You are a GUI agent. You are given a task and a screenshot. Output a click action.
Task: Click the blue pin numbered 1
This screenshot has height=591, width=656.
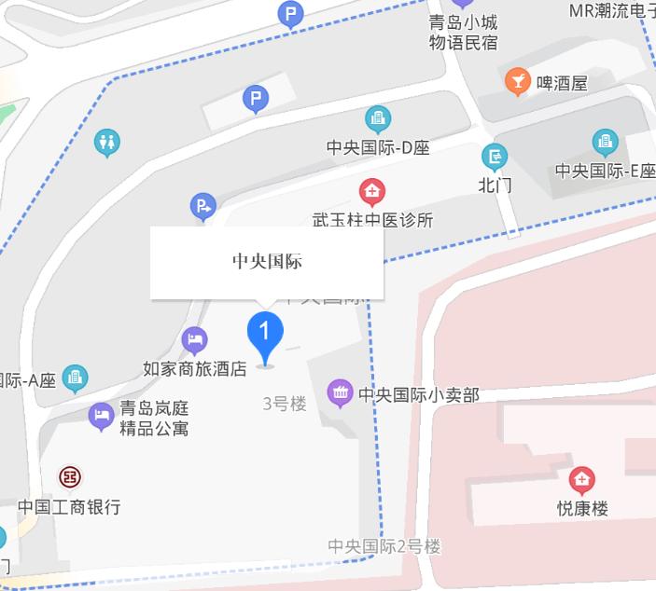pyautogui.click(x=265, y=332)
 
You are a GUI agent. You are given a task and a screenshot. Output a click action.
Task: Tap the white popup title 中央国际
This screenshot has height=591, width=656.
pyautogui.click(x=267, y=262)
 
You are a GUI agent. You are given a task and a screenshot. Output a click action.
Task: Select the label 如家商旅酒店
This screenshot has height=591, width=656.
pyautogui.click(x=194, y=369)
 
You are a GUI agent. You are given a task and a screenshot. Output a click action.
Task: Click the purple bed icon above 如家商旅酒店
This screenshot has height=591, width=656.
pyautogui.click(x=194, y=339)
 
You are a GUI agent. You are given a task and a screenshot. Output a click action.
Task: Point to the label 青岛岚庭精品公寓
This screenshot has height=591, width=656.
pyautogui.click(x=154, y=419)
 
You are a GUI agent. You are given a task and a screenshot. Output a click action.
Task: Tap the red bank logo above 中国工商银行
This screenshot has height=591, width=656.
pyautogui.click(x=69, y=477)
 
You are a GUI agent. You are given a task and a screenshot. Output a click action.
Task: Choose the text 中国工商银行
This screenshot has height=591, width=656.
pyautogui.click(x=69, y=507)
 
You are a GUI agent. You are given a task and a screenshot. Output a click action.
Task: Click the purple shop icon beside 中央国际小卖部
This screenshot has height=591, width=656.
pyautogui.click(x=341, y=393)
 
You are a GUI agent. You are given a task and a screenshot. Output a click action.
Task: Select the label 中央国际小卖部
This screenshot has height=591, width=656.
pyautogui.click(x=418, y=395)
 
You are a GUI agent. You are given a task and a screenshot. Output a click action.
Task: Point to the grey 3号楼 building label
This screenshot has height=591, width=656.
pyautogui.click(x=285, y=404)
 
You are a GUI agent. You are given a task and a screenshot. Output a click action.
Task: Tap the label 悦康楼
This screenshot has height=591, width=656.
pyautogui.click(x=582, y=509)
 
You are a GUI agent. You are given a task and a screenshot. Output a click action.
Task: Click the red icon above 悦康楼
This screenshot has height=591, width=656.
pyautogui.click(x=582, y=480)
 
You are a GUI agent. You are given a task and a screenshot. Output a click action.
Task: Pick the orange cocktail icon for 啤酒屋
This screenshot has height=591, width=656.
pyautogui.click(x=517, y=81)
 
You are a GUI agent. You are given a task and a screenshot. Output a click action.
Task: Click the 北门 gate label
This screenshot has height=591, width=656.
pyautogui.click(x=495, y=185)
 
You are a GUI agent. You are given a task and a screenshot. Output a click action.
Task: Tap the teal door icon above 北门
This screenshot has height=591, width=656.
pyautogui.click(x=495, y=157)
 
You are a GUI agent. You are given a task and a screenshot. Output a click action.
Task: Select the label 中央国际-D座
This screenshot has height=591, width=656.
pyautogui.click(x=377, y=147)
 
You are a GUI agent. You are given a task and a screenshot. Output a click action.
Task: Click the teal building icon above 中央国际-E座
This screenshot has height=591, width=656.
pyautogui.click(x=605, y=142)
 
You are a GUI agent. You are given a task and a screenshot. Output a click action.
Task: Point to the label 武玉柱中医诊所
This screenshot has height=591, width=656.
pyautogui.click(x=372, y=221)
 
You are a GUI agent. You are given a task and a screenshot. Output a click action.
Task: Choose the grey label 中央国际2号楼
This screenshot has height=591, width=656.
pyautogui.click(x=384, y=546)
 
